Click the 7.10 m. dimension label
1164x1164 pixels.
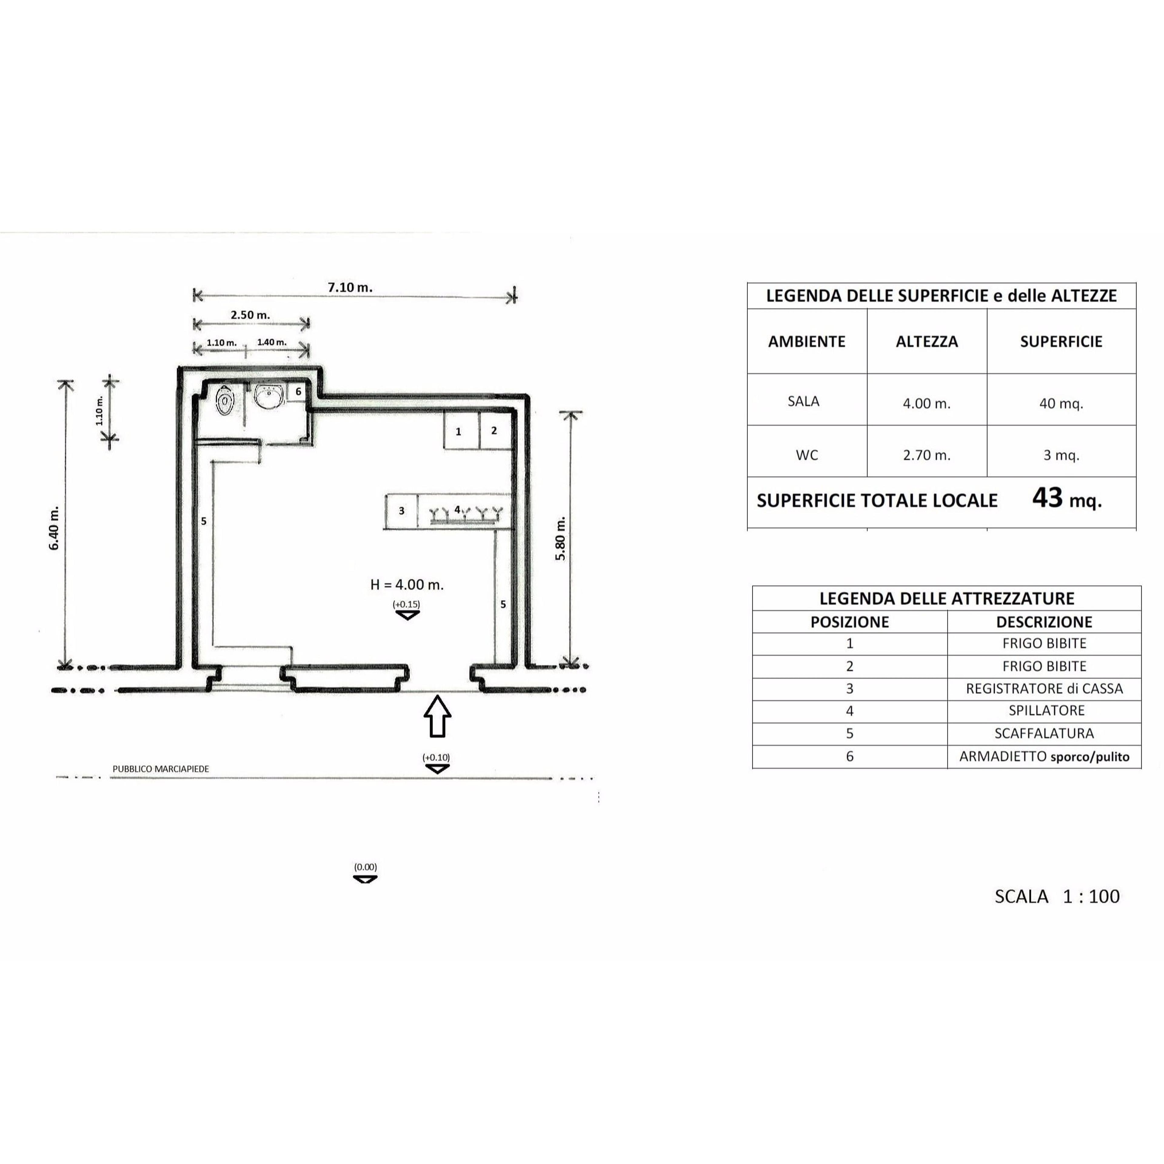(x=350, y=287)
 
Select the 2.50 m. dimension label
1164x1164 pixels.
(x=250, y=315)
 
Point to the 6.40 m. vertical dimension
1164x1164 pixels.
(x=55, y=528)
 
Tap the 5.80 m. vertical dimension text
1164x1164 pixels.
(x=560, y=538)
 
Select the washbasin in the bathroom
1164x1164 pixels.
(x=269, y=396)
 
